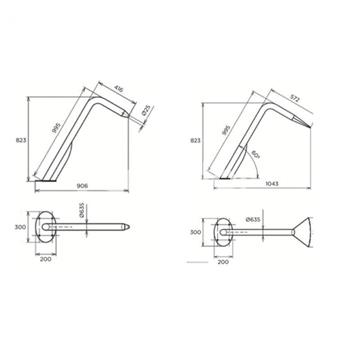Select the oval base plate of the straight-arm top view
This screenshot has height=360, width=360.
coord(46,227)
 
